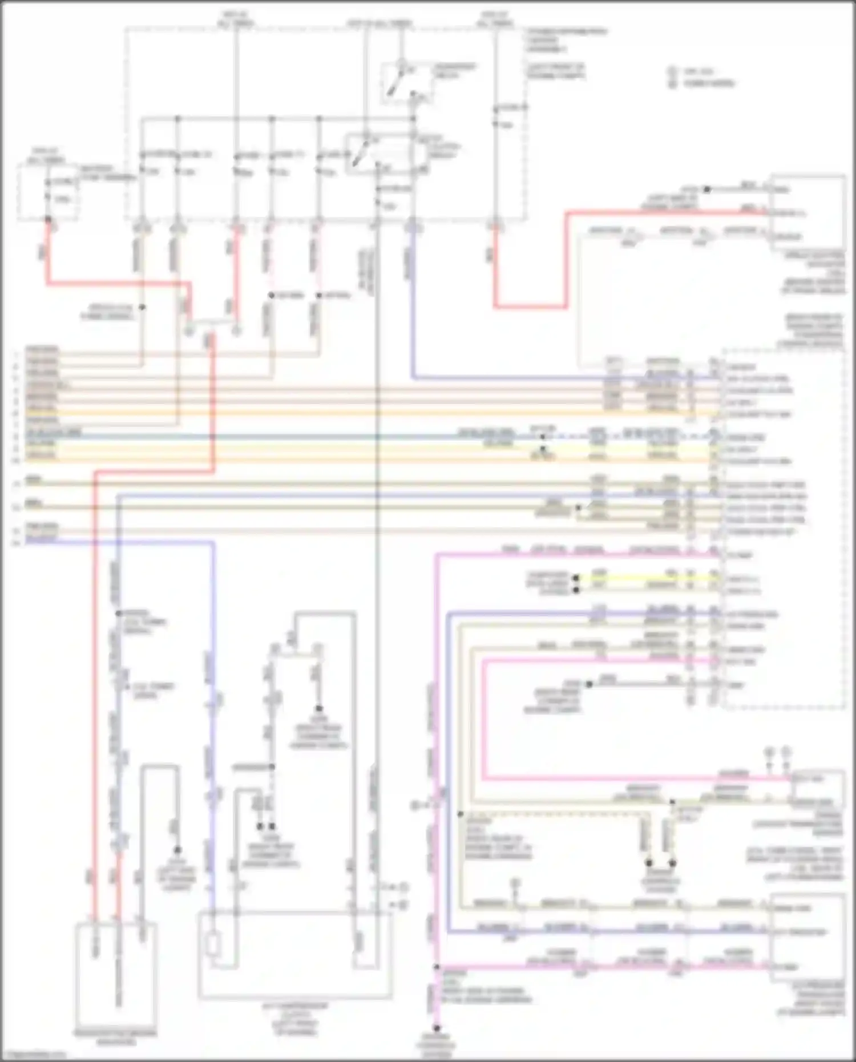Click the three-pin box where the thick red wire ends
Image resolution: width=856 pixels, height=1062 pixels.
[x=806, y=212]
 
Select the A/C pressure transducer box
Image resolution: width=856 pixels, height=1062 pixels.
[x=806, y=936]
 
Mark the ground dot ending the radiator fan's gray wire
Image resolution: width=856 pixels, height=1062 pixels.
[x=177, y=850]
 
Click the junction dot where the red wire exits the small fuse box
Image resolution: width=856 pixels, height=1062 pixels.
[x=48, y=219]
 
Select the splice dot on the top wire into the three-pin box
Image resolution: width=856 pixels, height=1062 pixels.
[x=706, y=189]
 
